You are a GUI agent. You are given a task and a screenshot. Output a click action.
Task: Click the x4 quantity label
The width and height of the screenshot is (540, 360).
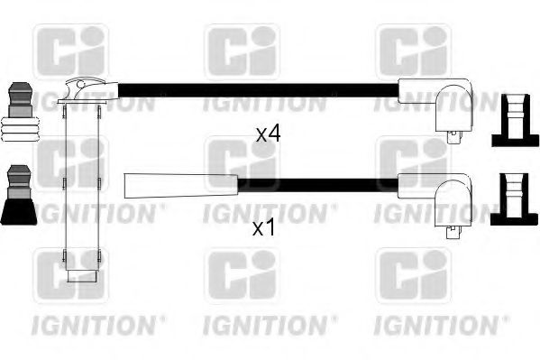coord(268,134)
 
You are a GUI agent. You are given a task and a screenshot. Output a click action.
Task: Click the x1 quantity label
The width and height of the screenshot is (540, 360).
coord(263,228)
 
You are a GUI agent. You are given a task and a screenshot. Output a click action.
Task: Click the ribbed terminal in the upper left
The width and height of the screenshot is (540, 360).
coord(21,110)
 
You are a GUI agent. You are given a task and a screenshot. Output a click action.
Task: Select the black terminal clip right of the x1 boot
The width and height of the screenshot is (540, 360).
coord(509,200)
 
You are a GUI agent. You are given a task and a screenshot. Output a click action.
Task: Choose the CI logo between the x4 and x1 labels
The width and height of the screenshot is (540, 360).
coord(242,163)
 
